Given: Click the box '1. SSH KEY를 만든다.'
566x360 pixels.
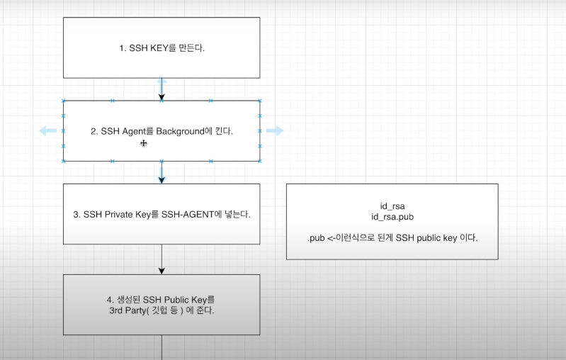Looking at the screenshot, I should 162,48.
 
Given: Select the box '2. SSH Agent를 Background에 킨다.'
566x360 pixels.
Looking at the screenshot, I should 162,131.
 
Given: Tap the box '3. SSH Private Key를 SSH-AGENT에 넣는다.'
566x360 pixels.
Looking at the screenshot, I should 162,214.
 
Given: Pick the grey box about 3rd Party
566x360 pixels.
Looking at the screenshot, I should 162,305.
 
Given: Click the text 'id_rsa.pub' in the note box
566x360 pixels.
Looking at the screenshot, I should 392,215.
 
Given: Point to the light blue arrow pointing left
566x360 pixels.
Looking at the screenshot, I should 47,130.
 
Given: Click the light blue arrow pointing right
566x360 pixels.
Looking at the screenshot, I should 275,130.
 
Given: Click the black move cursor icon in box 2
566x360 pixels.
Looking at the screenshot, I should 143,143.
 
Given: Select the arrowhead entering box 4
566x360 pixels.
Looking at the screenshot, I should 162,270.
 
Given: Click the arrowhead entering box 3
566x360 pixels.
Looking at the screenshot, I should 162,179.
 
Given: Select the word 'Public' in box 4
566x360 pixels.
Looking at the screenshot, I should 180,300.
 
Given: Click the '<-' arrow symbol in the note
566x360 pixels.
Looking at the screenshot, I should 330,238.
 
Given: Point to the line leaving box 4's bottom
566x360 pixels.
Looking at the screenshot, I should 162,347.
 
